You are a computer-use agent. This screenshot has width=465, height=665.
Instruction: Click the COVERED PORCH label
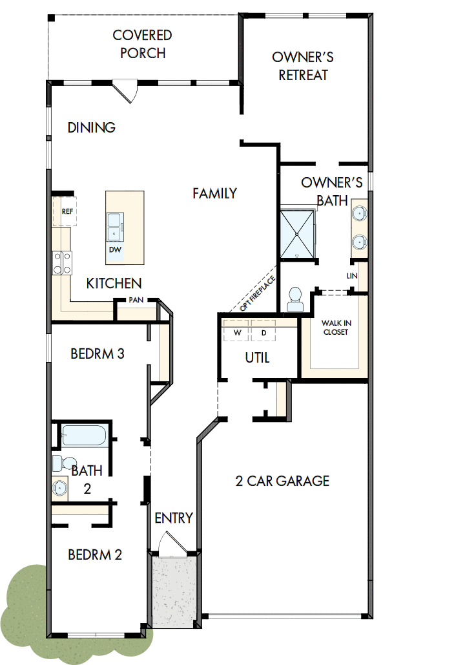tap(142, 44)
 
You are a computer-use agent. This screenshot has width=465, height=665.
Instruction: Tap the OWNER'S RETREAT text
tap(303, 66)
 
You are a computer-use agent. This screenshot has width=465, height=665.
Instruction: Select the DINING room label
tap(92, 127)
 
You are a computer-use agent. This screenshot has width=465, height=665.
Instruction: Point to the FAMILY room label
tap(214, 193)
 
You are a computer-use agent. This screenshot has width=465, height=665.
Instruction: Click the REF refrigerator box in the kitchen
tap(67, 211)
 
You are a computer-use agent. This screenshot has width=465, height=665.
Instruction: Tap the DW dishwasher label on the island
tap(116, 249)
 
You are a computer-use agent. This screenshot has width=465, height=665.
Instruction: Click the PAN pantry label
tap(136, 300)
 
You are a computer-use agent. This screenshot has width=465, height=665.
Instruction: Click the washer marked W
tap(236, 333)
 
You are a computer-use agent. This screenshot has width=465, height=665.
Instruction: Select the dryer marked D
tap(263, 333)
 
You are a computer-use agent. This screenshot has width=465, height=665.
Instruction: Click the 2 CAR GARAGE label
tap(282, 481)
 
